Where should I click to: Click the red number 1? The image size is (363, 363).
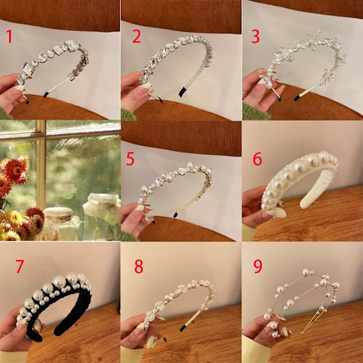click(9, 36)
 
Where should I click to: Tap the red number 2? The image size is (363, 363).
click(136, 36)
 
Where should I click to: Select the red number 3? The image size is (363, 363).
click(255, 36)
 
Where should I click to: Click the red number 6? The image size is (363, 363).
click(257, 159)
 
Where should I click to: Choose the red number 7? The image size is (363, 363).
click(20, 266)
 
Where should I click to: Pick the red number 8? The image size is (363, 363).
click(139, 266)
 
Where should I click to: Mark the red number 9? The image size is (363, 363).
click(258, 266)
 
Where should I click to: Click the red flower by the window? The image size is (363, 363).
click(16, 169)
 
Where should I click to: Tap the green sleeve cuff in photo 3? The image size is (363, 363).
click(255, 113)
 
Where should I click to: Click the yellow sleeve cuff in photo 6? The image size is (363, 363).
click(249, 233)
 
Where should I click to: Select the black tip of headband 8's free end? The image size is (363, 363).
click(183, 329)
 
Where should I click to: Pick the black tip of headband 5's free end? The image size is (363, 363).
click(175, 215)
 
